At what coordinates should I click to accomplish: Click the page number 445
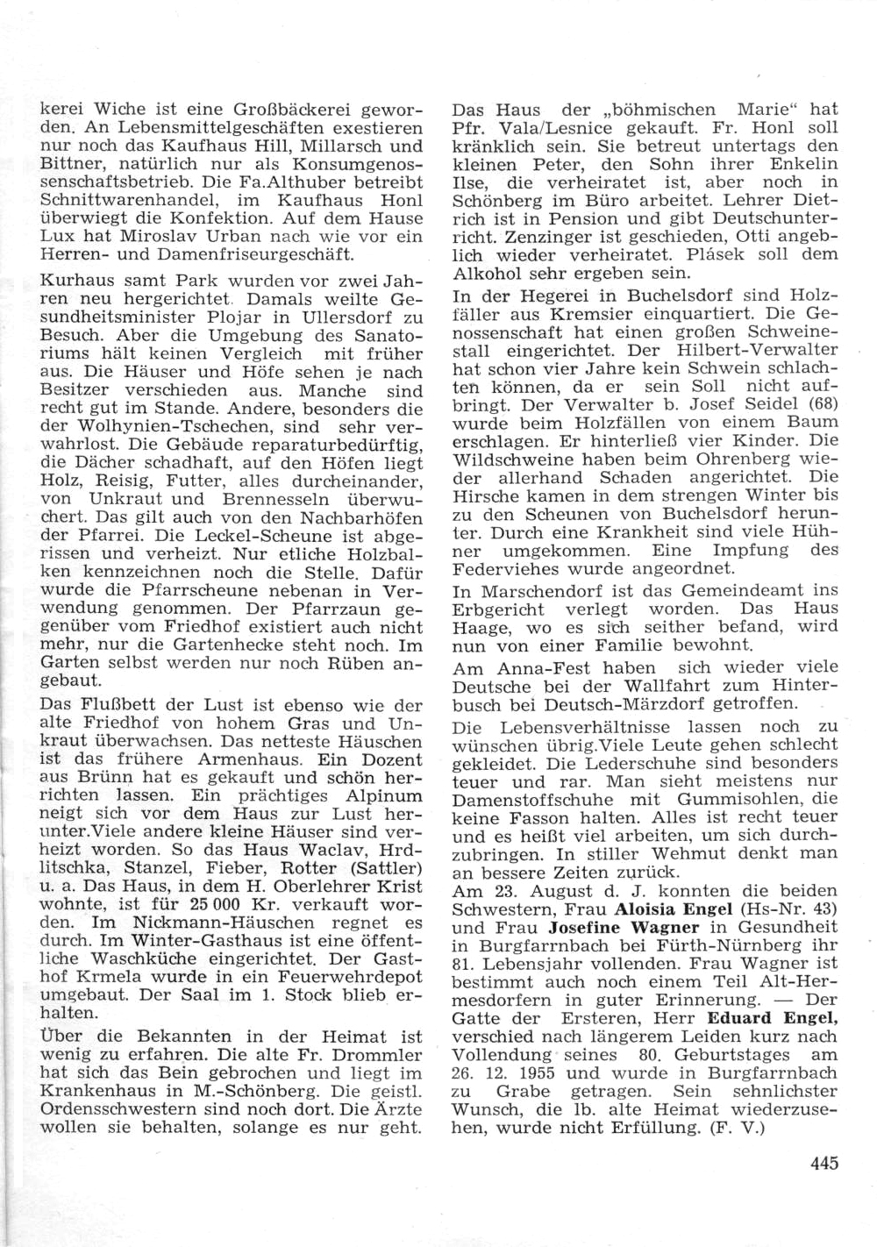[824, 1163]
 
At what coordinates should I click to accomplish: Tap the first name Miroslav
[198, 237]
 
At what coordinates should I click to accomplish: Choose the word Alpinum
[384, 795]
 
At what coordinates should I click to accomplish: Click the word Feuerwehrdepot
[352, 977]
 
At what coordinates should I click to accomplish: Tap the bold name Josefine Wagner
[624, 927]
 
